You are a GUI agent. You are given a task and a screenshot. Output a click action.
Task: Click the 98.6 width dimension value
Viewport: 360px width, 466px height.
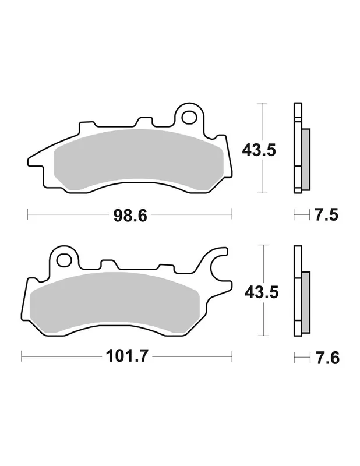click(x=130, y=216)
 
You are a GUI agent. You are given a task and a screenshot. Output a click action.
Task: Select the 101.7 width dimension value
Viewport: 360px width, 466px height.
click(x=126, y=356)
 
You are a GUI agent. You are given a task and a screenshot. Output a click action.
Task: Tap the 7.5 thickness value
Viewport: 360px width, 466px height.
click(x=326, y=214)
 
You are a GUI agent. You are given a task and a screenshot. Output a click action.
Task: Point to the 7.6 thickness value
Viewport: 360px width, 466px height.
click(x=327, y=358)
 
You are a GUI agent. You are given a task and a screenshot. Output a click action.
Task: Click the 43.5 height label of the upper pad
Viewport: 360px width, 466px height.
click(x=259, y=150)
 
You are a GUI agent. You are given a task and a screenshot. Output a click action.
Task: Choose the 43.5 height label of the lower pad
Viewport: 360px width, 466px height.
click(x=262, y=292)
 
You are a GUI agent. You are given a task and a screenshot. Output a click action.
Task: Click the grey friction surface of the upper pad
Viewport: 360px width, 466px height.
click(x=138, y=159)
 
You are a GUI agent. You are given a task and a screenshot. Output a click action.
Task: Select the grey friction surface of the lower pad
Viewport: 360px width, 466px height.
click(x=115, y=302)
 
